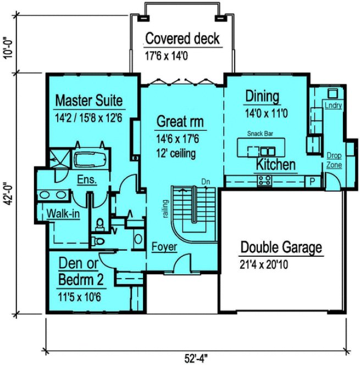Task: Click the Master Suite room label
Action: coord(88,101)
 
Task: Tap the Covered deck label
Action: coord(182,39)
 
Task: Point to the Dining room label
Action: coord(262,97)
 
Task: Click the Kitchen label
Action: coord(275,164)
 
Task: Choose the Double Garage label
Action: coord(281,247)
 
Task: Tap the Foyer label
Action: coord(164,247)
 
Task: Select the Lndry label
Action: coord(333,105)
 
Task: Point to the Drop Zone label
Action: coord(334,160)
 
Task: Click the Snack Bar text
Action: coord(260,134)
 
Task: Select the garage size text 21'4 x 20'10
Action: coord(264,264)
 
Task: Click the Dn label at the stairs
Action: coord(206,181)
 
